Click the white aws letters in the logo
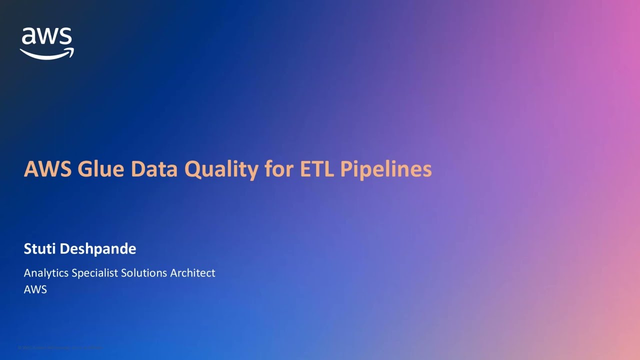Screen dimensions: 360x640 (47, 37)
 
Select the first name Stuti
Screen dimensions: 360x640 (39, 248)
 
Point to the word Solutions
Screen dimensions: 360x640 (145, 273)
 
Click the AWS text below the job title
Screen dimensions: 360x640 (35, 289)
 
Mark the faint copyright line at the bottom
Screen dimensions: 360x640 (60, 347)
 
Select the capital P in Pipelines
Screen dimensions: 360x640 (346, 169)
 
